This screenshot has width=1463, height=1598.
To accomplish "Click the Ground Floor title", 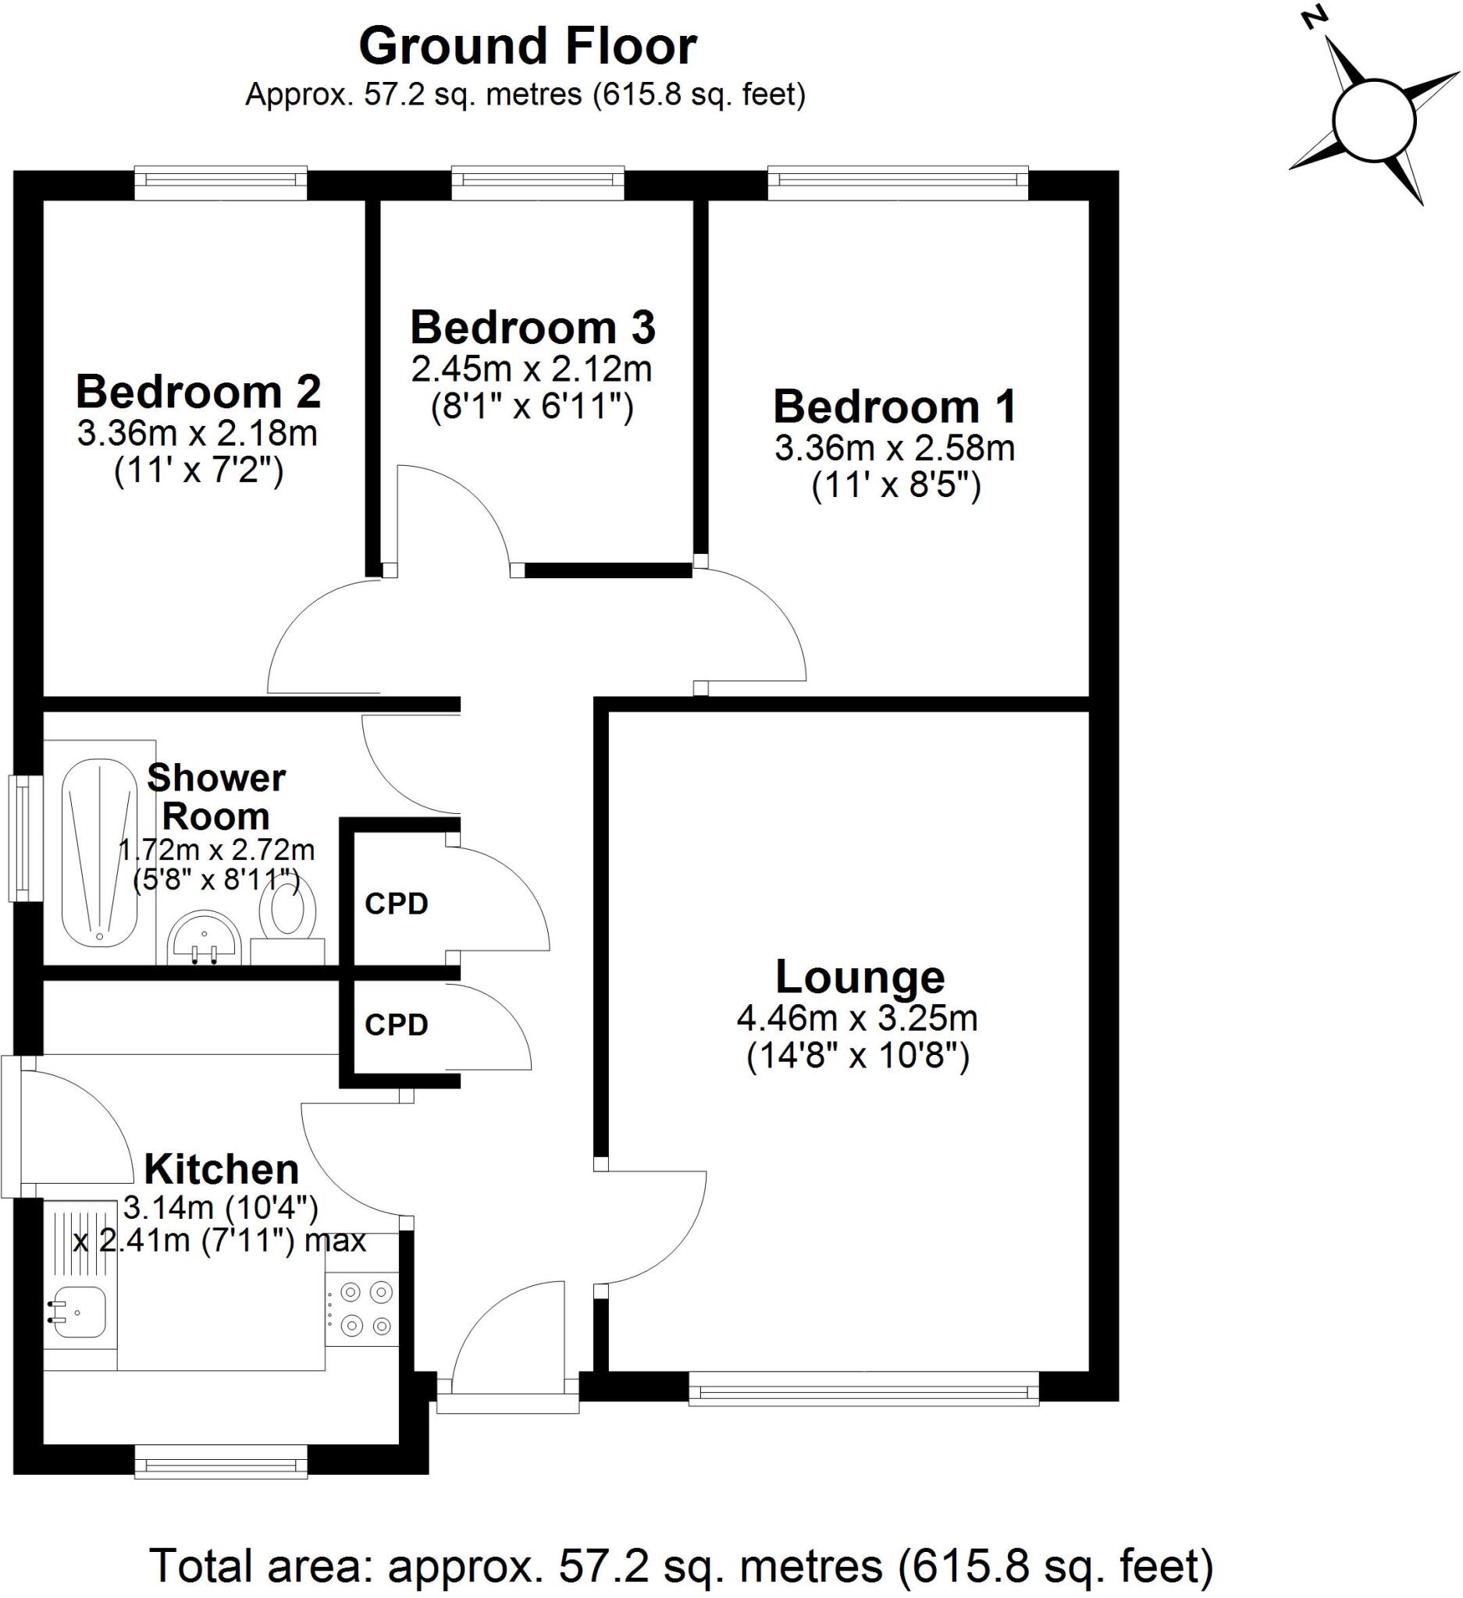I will click(x=527, y=46).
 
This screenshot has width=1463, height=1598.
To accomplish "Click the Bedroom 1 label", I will click(x=894, y=407).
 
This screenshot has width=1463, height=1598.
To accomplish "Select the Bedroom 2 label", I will click(x=198, y=392).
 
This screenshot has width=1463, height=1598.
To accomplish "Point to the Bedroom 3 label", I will click(x=532, y=328).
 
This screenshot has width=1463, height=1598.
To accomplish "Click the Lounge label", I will click(x=860, y=977).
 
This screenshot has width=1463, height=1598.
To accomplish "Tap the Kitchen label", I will click(x=221, y=1169).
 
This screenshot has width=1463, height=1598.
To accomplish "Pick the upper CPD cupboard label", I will click(x=397, y=904).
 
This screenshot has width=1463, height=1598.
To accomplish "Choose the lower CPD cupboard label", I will click(x=397, y=1025).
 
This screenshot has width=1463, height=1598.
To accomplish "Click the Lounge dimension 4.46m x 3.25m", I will click(x=857, y=1018).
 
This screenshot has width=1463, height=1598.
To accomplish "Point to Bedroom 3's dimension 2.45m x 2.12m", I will click(x=532, y=369).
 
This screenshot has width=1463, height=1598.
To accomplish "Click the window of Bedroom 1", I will click(x=898, y=183).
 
